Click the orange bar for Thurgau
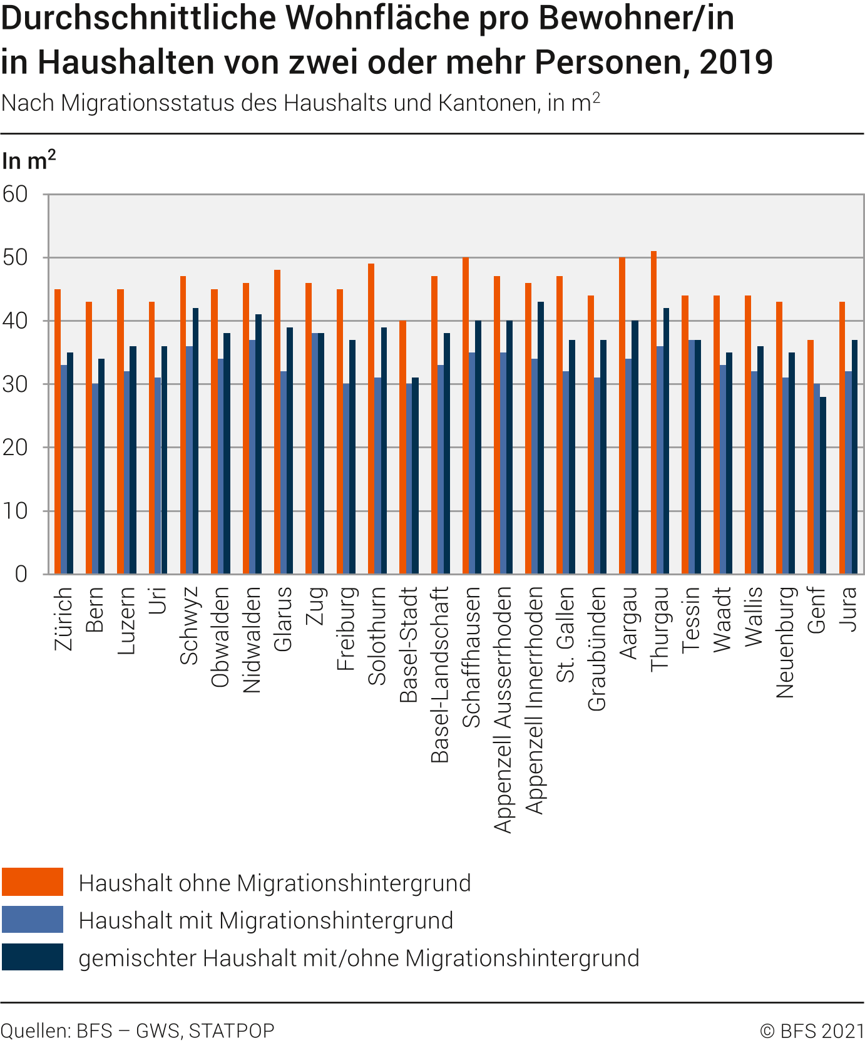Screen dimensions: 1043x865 [x=653, y=413]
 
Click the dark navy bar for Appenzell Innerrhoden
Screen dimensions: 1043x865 [x=541, y=438]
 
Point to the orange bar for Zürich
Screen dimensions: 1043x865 [x=58, y=431]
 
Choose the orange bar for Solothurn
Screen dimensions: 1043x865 [x=371, y=419]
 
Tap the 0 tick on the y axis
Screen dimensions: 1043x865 [x=21, y=573]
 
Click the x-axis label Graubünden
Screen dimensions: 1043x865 [x=597, y=649]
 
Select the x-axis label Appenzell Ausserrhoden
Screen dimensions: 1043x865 [x=503, y=710]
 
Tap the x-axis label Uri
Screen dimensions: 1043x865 [x=158, y=600]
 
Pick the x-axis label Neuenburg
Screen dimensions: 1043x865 [x=785, y=642]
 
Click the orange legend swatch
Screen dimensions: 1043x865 [x=33, y=882]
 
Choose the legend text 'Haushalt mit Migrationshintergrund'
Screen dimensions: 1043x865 [x=266, y=920]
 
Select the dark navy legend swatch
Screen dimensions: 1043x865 [x=33, y=957]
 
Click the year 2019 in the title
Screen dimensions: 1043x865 [x=736, y=62]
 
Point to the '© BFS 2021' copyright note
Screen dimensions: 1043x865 [x=812, y=1030]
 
